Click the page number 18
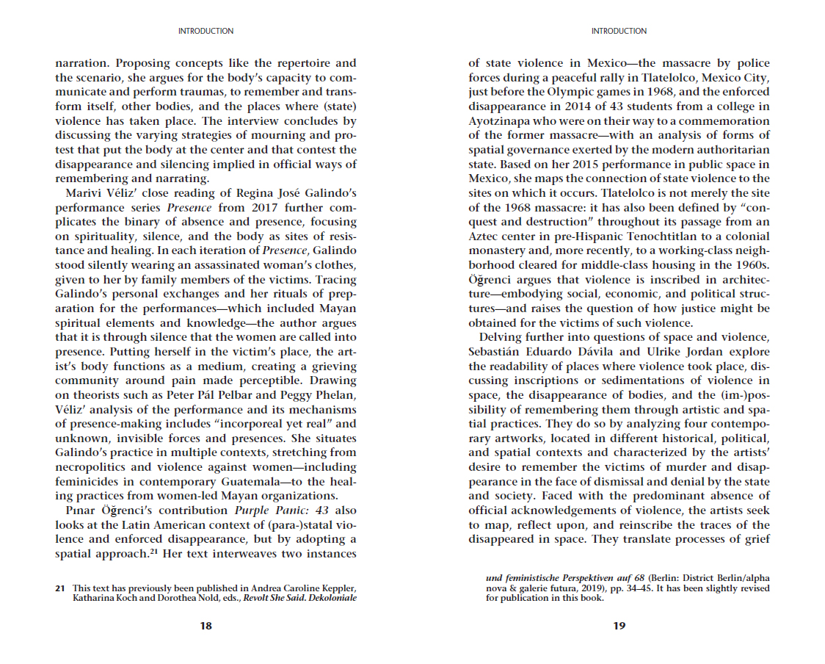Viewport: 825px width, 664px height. coord(206,626)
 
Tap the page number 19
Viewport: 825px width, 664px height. coord(619,626)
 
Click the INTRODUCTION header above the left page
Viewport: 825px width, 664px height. coord(206,31)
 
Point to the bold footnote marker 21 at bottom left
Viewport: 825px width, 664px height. coord(60,588)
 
